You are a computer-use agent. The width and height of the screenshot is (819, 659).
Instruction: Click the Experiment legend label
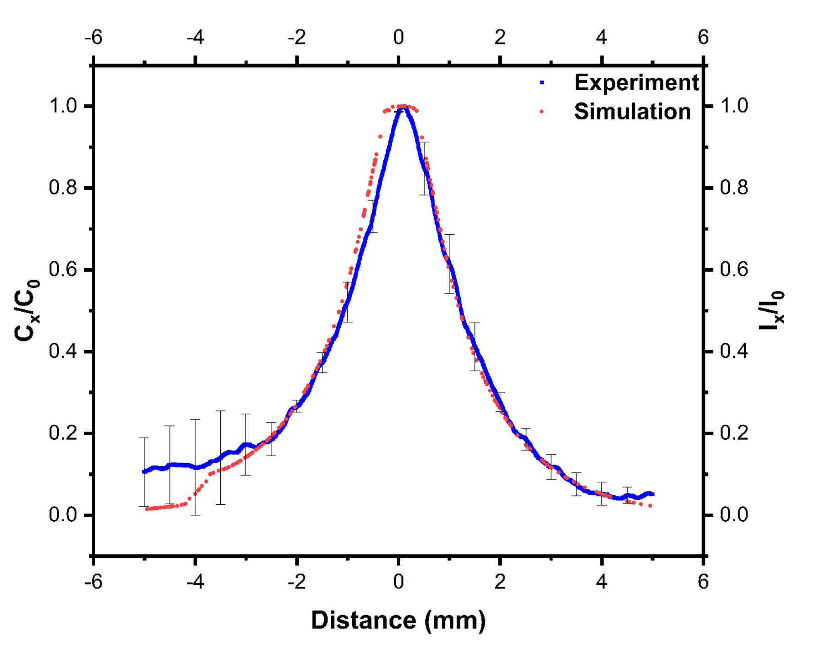click(636, 83)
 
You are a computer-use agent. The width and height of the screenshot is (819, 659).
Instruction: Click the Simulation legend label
click(632, 112)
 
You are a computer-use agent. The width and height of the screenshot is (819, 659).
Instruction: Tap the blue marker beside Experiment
click(542, 83)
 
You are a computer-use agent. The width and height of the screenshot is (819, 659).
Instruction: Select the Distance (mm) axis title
click(398, 621)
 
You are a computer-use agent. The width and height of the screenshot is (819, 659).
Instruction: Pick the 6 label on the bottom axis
click(703, 582)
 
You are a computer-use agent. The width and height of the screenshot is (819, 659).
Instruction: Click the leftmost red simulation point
click(147, 509)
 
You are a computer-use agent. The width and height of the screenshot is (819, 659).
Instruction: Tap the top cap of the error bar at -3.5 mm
click(221, 411)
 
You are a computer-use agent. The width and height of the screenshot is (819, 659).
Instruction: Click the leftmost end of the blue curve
click(144, 471)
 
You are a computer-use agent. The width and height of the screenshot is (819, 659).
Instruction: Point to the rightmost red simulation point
click(650, 506)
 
